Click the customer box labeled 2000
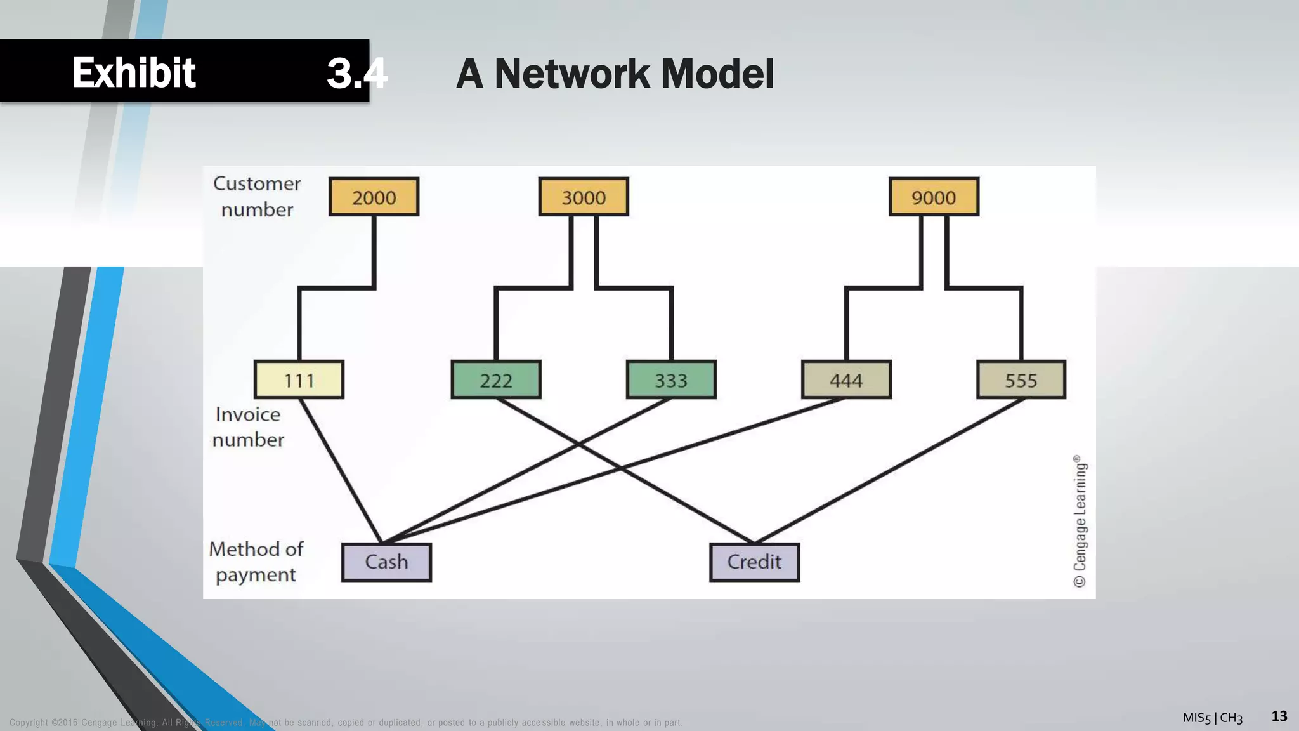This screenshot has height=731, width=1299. click(x=374, y=197)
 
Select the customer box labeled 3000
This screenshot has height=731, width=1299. click(x=584, y=197)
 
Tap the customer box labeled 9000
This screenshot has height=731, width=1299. click(x=934, y=197)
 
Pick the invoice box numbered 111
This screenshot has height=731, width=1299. click(x=299, y=380)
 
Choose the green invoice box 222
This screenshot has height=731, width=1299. click(x=496, y=380)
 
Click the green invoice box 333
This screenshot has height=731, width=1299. click(x=671, y=380)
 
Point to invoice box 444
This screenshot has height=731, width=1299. click(x=846, y=380)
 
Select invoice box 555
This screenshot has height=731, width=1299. click(x=1021, y=380)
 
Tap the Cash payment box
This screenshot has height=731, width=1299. click(x=386, y=562)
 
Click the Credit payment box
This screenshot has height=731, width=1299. click(x=754, y=562)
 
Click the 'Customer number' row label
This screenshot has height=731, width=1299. click(x=257, y=197)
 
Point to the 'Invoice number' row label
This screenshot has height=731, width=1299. click(x=248, y=427)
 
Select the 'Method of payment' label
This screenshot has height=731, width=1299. click(x=256, y=562)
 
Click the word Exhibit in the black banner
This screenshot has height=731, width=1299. click(x=134, y=73)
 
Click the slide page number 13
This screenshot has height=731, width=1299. click(x=1279, y=716)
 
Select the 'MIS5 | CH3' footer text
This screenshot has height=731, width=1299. click(x=1212, y=718)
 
